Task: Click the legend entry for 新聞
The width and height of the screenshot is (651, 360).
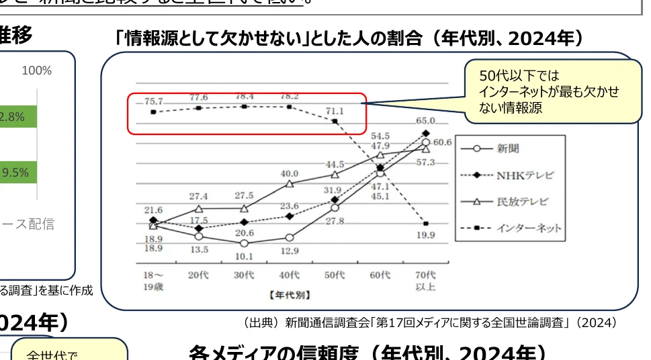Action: point(508,148)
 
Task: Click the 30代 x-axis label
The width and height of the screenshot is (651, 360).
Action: point(244,275)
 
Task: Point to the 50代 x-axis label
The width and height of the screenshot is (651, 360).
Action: point(335,275)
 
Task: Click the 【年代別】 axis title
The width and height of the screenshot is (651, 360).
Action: point(289,294)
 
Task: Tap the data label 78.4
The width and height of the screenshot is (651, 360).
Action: point(244,96)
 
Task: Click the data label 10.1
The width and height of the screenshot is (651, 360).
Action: point(244,256)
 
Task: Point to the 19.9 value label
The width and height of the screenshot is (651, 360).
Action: point(425,235)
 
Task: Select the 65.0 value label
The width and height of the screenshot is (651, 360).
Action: point(425,121)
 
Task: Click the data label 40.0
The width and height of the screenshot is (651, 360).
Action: point(289,173)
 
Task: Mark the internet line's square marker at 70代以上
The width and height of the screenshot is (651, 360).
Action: point(426,223)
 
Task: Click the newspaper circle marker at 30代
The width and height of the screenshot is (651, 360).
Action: point(244,243)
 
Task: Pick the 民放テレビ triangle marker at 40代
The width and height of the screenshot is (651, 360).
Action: point(290,183)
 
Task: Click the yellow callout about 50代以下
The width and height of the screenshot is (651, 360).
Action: point(552,91)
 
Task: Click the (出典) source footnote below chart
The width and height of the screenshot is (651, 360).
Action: point(430,322)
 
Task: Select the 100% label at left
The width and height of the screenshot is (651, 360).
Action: point(37,71)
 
